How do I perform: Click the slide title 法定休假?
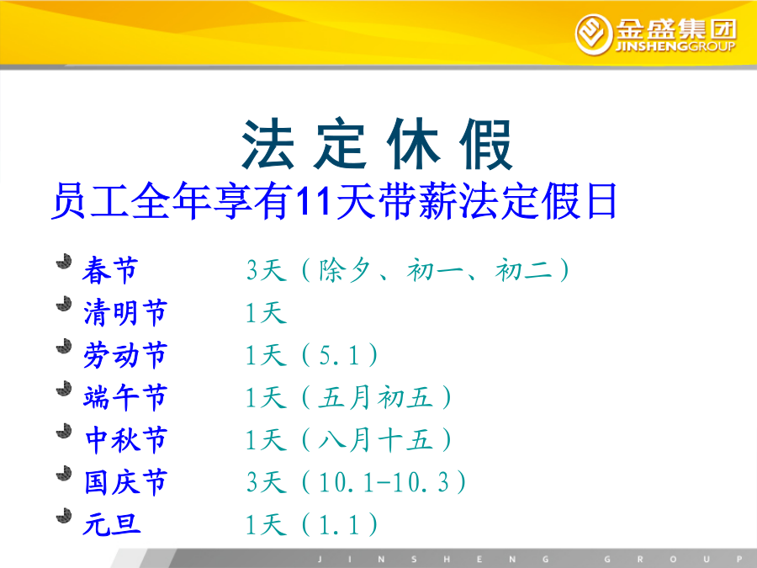[377, 143]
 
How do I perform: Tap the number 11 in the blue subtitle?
[312, 200]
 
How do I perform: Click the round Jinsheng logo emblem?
[593, 35]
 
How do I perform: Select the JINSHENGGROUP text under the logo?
[675, 46]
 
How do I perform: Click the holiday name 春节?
[110, 270]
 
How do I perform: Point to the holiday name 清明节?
[125, 312]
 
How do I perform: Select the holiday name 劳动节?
[125, 355]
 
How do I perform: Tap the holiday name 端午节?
[125, 397]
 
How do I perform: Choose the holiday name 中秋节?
[126, 440]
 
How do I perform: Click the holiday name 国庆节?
[125, 482]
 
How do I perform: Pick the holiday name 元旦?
[112, 524]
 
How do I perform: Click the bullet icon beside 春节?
[64, 262]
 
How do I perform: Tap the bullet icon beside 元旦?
[64, 516]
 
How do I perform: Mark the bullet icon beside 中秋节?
[64, 431]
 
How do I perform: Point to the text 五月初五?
[376, 397]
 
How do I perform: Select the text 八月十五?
[376, 440]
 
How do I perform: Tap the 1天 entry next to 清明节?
[266, 312]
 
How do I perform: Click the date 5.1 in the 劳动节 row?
[339, 355]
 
